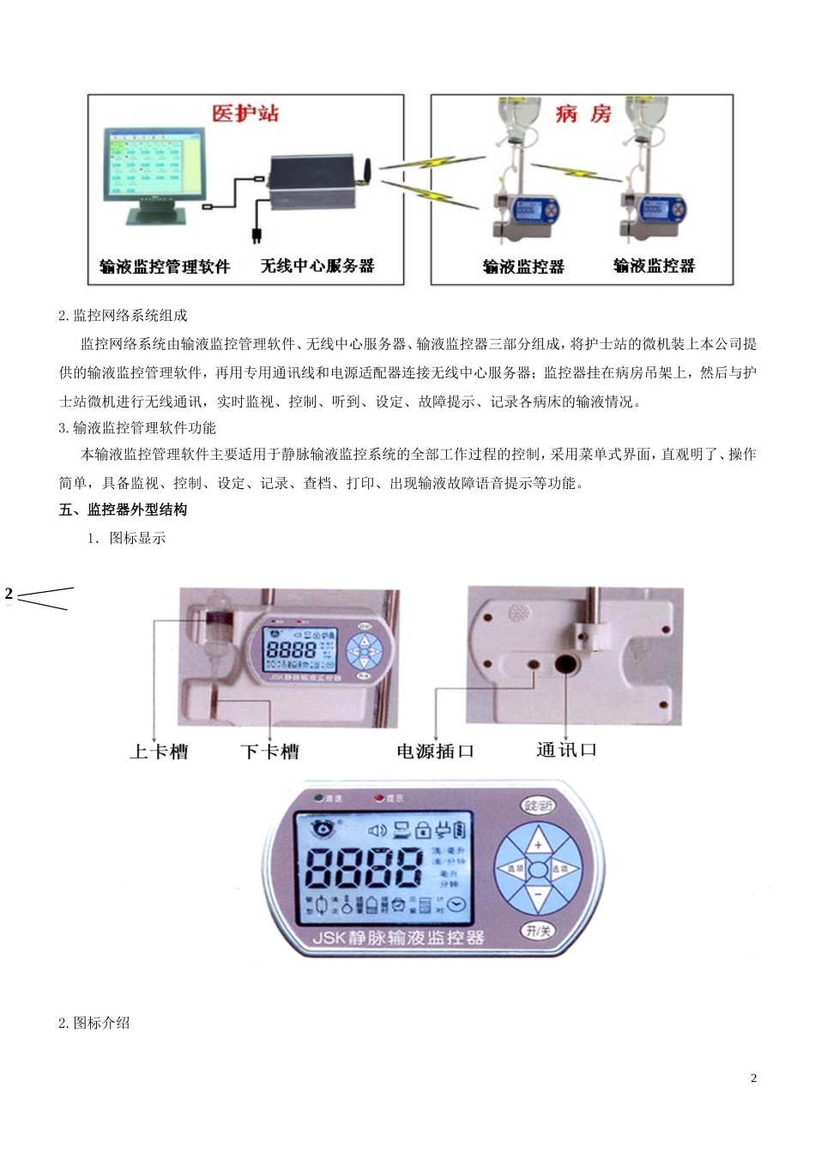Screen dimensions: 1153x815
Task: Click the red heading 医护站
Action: coord(245,113)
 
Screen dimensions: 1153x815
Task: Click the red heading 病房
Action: coord(583,113)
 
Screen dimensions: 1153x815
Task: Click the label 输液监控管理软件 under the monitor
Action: coord(165,266)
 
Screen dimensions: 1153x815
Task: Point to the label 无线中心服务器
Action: coord(317,265)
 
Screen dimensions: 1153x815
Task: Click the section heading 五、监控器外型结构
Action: coord(123,510)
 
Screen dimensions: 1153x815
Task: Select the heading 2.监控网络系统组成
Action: coord(123,315)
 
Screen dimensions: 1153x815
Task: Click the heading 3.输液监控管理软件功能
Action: coord(137,427)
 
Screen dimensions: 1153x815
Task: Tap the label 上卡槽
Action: coord(159,752)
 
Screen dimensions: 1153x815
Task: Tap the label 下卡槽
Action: coord(269,752)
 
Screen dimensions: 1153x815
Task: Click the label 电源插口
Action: coord(435,751)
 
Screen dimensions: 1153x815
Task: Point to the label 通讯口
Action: coord(566,750)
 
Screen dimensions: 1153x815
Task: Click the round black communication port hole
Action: coord(567,664)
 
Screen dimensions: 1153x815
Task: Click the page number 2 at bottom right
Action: coord(753,1078)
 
